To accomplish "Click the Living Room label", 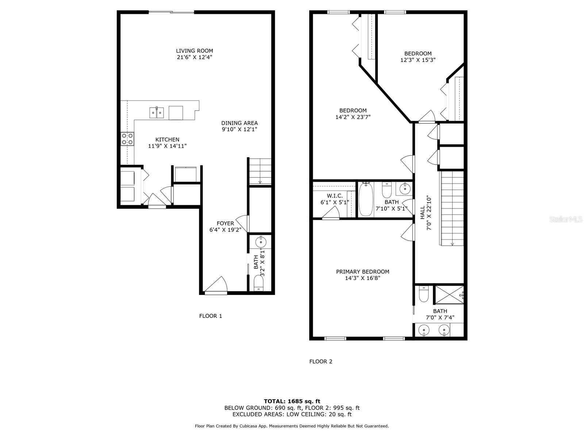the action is click(x=195, y=51).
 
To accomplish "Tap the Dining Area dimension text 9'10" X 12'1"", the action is click(x=239, y=130).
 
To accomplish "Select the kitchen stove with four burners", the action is click(x=127, y=139).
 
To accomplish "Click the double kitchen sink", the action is click(x=157, y=112).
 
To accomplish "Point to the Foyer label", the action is click(x=225, y=223).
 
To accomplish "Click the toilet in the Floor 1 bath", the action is click(x=258, y=283).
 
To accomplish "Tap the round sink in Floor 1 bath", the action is click(x=261, y=242).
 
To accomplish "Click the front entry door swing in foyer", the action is click(x=216, y=285).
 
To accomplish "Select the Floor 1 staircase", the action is click(x=260, y=171).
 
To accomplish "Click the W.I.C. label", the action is click(x=335, y=196).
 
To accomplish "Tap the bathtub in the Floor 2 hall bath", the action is click(x=366, y=199).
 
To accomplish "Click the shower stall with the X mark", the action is click(x=449, y=295).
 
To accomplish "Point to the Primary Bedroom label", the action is click(x=363, y=272).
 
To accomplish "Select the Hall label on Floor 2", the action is click(x=423, y=212).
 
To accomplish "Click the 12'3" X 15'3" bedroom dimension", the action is click(x=418, y=60).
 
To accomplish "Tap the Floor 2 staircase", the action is click(x=452, y=208).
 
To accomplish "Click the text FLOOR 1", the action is click(x=211, y=316).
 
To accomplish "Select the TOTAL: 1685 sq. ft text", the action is click(x=292, y=401).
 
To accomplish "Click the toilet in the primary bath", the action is click(x=423, y=294).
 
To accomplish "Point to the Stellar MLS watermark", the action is click(x=566, y=219).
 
